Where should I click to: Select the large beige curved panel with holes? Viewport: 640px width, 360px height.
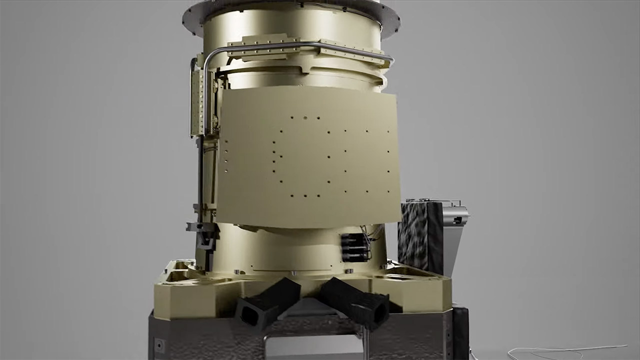point(307,155)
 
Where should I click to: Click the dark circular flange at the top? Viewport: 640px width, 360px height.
point(291,12)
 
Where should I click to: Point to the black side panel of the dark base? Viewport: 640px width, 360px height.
point(460,332)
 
